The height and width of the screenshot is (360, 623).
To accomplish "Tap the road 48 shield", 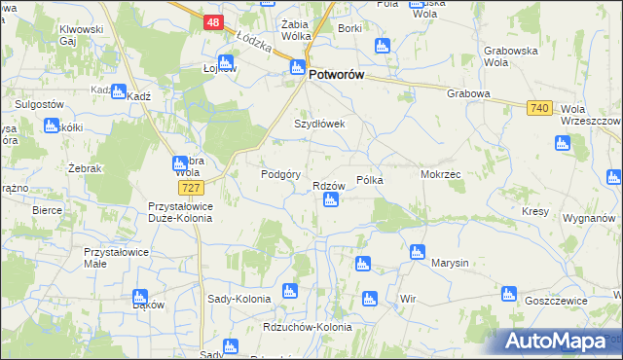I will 214,21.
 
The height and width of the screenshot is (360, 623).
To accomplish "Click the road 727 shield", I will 190,186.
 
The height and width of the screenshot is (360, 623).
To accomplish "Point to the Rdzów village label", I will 330,186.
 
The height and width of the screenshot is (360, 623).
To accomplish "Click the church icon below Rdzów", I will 330,200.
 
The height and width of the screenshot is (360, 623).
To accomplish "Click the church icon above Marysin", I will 417,251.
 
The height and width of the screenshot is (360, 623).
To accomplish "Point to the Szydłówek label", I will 320,125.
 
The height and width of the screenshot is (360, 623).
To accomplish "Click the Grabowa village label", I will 467,94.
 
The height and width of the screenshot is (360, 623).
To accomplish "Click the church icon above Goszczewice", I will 507,294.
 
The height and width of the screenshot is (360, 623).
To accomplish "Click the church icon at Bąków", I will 139,296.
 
